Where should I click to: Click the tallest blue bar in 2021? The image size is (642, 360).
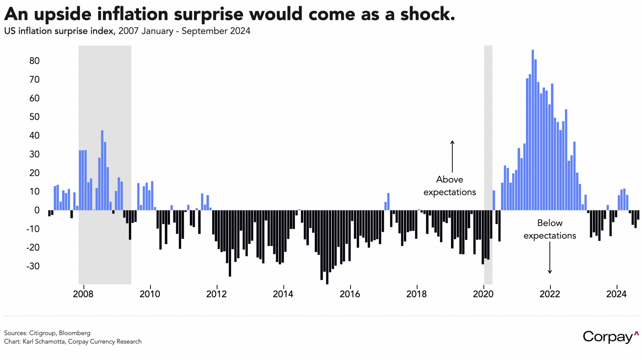pyautogui.click(x=532, y=130)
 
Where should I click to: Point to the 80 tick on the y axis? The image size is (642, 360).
pyautogui.click(x=34, y=61)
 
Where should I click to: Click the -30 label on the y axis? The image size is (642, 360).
pyautogui.click(x=33, y=266)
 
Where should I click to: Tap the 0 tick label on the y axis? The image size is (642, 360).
pyautogui.click(x=37, y=210)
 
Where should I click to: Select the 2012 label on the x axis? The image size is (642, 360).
pyautogui.click(x=217, y=294)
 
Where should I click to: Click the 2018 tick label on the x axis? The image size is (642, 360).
pyautogui.click(x=416, y=294)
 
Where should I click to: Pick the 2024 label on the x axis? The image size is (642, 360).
pyautogui.click(x=616, y=294)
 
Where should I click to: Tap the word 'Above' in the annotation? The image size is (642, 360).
pyautogui.click(x=450, y=179)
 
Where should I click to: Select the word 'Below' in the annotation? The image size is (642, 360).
pyautogui.click(x=550, y=223)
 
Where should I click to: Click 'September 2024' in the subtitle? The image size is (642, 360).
pyautogui.click(x=216, y=31)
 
